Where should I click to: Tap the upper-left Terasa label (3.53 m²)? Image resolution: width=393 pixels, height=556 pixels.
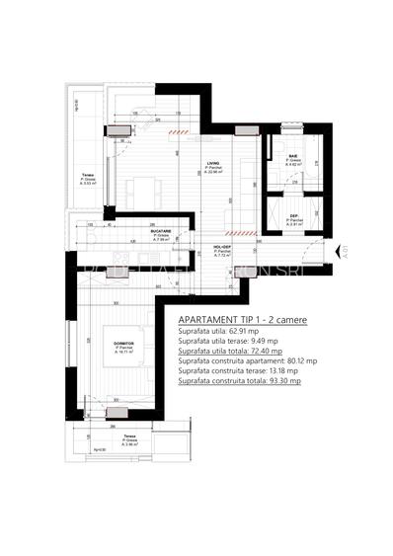click(x=87, y=176)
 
